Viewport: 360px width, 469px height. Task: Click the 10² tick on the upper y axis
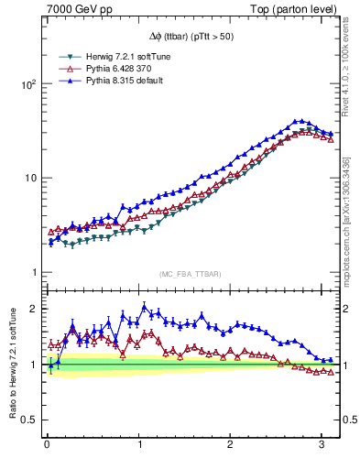coord(27,83)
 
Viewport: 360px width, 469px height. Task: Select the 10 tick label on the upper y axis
coord(29,178)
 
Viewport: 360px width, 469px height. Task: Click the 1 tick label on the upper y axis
coord(32,273)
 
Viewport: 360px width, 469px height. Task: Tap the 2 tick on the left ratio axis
coord(32,309)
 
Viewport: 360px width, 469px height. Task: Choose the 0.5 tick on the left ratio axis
coord(27,420)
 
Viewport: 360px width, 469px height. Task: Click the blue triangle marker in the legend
coord(65,80)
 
